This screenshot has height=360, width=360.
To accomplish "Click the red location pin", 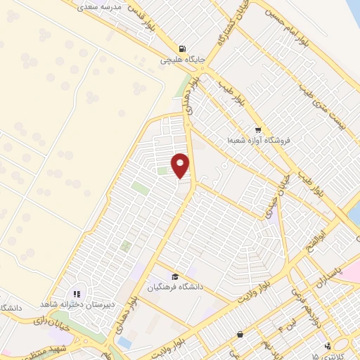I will [181, 165].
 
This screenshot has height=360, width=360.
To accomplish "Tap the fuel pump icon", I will [183, 49].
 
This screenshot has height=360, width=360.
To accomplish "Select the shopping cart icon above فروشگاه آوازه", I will [258, 129].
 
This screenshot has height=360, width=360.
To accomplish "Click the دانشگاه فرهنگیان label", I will [174, 287].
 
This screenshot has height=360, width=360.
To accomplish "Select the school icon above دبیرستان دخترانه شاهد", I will [77, 293].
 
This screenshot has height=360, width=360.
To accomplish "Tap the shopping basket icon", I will [240, 333].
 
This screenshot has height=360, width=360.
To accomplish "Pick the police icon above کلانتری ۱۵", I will [328, 345].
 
